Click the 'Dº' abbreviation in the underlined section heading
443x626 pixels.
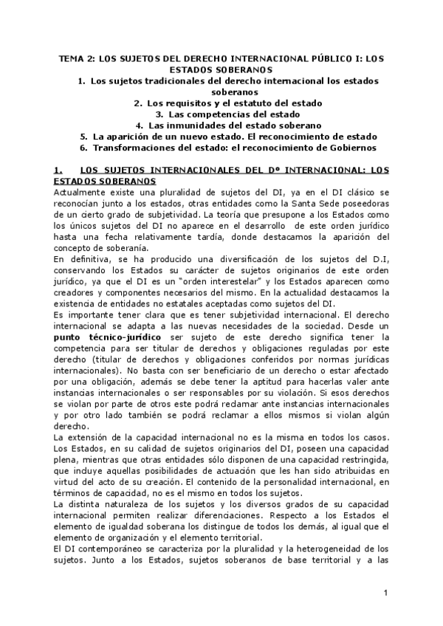tap(234, 170)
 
